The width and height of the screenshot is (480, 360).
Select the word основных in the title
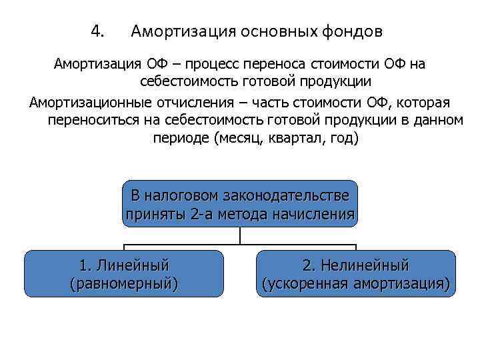[x=282, y=31]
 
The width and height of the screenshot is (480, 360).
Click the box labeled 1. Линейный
[x=124, y=274]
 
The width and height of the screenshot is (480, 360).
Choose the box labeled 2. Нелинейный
[x=355, y=274]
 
